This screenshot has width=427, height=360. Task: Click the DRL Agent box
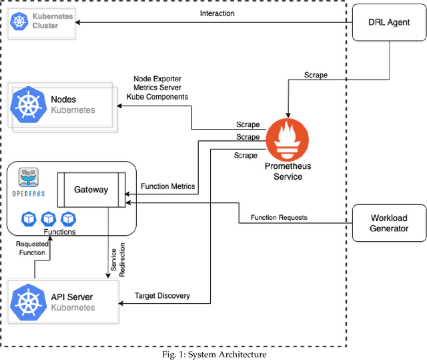click(x=389, y=21)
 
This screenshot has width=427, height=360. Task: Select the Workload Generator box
click(x=389, y=223)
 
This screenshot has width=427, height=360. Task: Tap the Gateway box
click(x=91, y=189)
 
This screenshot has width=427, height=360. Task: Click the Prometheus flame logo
click(x=288, y=138)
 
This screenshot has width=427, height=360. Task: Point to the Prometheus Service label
click(x=288, y=171)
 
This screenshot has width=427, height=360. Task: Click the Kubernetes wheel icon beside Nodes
click(x=30, y=104)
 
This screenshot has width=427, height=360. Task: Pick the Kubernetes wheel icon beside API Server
click(x=30, y=302)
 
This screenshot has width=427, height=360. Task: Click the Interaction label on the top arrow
click(x=217, y=13)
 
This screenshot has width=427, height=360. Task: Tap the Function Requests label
click(x=279, y=218)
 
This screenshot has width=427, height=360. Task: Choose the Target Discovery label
click(x=162, y=295)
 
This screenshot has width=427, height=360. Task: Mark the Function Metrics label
click(x=168, y=186)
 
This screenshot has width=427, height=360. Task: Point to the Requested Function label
click(x=32, y=248)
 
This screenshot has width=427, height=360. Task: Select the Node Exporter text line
click(x=157, y=79)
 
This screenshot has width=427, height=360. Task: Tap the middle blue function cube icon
click(x=48, y=218)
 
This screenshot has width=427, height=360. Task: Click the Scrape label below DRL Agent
click(x=316, y=75)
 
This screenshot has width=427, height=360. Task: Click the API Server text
click(x=72, y=297)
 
